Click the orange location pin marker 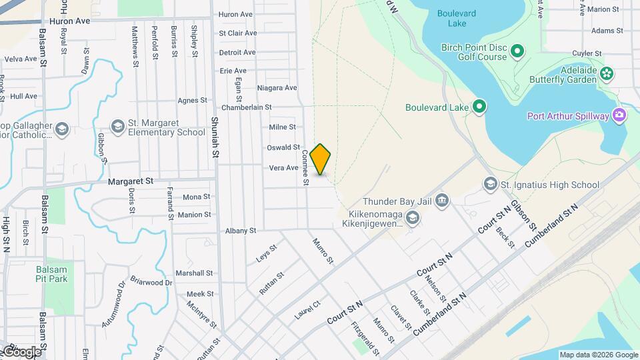pos(321,159)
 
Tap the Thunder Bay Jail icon pos(442,201)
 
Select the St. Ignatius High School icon pos(491,184)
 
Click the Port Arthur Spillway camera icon pos(619,116)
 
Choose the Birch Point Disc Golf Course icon pos(517,51)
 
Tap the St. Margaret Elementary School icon pos(118,126)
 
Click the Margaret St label pos(131,181)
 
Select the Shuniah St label pos(215,137)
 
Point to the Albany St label pos(241,231)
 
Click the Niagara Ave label pos(277,88)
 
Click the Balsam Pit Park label pos(52,274)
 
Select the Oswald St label pos(283,147)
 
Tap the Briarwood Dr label pos(151,281)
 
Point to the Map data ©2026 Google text pos(598,355)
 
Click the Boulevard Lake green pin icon pos(479,107)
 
